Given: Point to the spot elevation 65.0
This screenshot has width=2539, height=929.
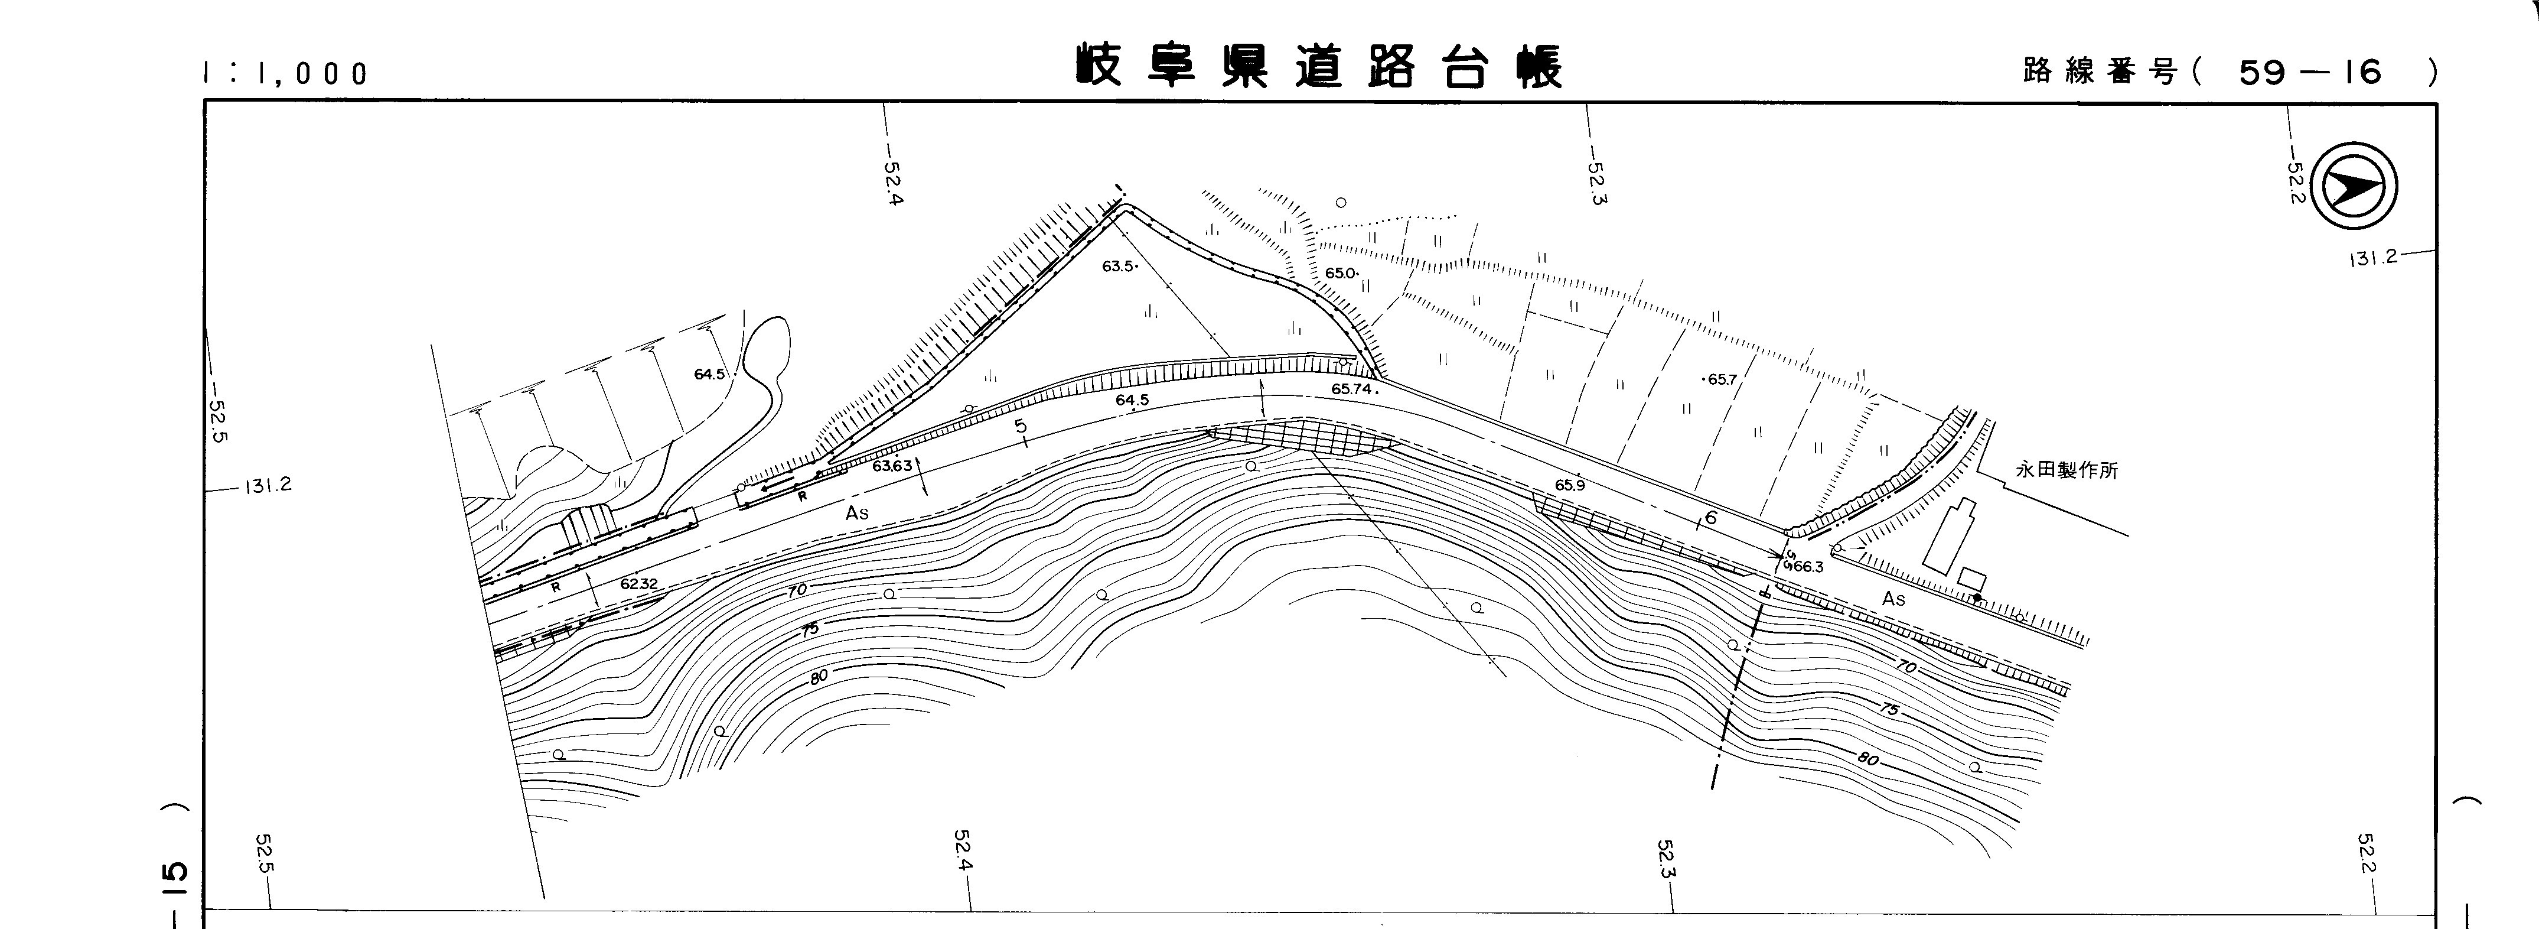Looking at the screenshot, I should pyautogui.click(x=1341, y=273).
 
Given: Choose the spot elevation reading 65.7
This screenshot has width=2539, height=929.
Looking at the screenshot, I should pyautogui.click(x=1719, y=379).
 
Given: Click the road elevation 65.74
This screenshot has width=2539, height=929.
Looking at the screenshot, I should pyautogui.click(x=1352, y=389).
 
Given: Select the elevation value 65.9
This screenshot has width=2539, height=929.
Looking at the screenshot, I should pyautogui.click(x=1570, y=485).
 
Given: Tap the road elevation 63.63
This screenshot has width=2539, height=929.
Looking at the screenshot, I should pyautogui.click(x=892, y=466).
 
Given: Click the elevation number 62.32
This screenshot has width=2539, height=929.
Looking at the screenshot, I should pyautogui.click(x=638, y=584).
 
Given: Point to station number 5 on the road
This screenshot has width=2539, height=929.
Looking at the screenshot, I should pyautogui.click(x=1022, y=427).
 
